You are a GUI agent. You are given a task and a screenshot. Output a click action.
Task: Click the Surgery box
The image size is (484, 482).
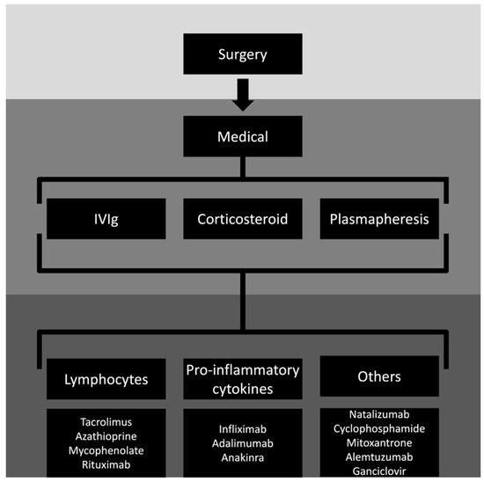tap(243, 54)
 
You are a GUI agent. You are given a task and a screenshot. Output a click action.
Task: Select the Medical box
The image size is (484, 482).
tap(243, 136)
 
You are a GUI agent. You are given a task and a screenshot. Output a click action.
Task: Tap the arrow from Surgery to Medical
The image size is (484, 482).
tap(243, 95)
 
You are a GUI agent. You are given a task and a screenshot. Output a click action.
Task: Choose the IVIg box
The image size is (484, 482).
tap(106, 219)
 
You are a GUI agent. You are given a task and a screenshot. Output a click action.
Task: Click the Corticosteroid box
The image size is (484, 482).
tap(243, 219)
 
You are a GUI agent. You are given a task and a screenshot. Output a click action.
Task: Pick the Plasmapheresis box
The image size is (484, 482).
tap(379, 219)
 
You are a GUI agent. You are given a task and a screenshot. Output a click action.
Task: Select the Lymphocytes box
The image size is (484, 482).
tap(106, 379)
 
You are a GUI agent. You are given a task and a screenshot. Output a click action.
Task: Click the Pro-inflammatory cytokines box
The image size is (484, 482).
tap(243, 379)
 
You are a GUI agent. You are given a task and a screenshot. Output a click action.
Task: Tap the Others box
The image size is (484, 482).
tap(379, 376)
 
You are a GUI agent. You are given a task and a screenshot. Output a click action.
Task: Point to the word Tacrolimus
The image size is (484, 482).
tap(106, 422)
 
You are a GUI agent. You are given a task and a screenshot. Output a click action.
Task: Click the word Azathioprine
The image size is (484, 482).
tap(106, 436)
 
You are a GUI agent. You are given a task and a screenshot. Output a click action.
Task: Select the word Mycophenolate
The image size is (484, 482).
tap(106, 450)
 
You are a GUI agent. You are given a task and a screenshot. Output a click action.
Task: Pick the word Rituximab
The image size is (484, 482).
tap(106, 464)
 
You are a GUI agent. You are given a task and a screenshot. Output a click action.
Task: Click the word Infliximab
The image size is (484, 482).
tap(243, 429)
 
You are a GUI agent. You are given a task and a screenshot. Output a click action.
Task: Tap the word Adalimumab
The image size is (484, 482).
tap(243, 443)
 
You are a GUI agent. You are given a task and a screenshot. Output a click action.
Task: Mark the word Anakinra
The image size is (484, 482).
tap(243, 457)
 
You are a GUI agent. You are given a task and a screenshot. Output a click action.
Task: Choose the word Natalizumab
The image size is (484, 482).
tap(379, 414)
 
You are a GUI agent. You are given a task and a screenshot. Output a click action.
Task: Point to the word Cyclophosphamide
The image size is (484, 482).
tap(379, 428)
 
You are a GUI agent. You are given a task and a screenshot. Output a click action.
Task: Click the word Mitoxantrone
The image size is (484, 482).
tap(379, 442)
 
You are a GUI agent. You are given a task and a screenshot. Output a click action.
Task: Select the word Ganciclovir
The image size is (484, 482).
tap(379, 471)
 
